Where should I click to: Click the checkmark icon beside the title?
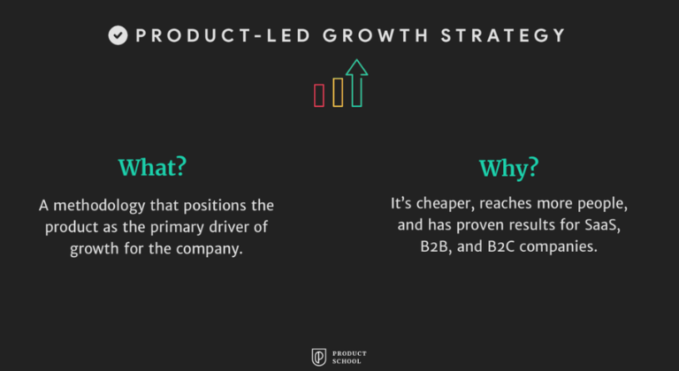118,35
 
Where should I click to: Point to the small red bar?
319,95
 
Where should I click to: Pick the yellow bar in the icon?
338,92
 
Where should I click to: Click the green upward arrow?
356,83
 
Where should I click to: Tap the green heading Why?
508,168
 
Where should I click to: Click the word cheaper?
446,204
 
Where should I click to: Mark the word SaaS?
601,225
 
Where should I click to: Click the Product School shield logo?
319,357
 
